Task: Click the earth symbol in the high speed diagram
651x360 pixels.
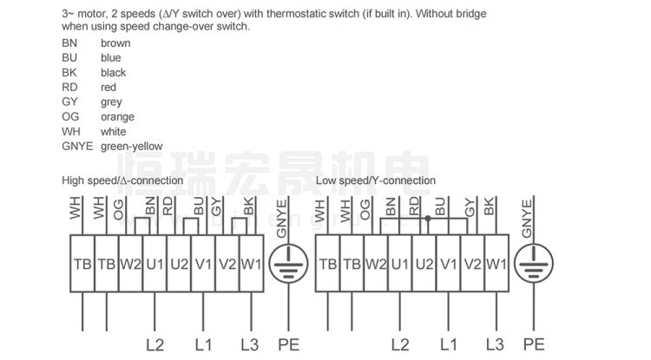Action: pyautogui.click(x=286, y=262)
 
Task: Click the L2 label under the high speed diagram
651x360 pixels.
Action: pyautogui.click(x=155, y=344)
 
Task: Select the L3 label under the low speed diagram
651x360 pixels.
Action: pyautogui.click(x=495, y=344)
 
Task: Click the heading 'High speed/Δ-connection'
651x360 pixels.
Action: pyautogui.click(x=122, y=180)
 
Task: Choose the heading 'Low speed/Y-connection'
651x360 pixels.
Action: pyautogui.click(x=376, y=180)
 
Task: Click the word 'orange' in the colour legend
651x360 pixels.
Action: pyautogui.click(x=117, y=117)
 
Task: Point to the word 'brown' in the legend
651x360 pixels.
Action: pyautogui.click(x=115, y=43)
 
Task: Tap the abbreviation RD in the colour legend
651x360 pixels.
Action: pyautogui.click(x=70, y=88)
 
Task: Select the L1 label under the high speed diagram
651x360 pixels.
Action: pyautogui.click(x=203, y=344)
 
